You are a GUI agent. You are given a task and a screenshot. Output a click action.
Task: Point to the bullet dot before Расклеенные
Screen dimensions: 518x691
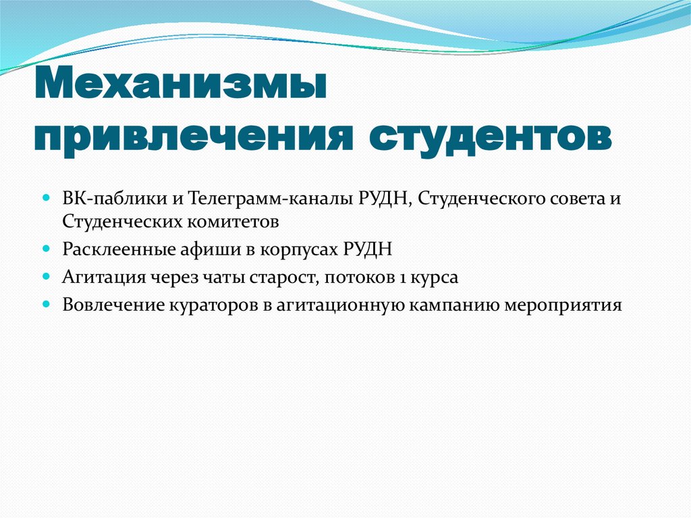click(x=47, y=249)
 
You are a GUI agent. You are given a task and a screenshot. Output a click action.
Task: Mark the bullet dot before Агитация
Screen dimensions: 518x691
click(x=47, y=277)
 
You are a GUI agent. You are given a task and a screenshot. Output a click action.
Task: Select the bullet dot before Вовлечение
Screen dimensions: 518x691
click(x=47, y=305)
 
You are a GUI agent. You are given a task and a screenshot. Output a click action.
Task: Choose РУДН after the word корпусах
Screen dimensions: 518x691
click(x=367, y=249)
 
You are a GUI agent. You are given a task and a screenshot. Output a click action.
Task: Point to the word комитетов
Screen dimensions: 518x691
click(x=225, y=221)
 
